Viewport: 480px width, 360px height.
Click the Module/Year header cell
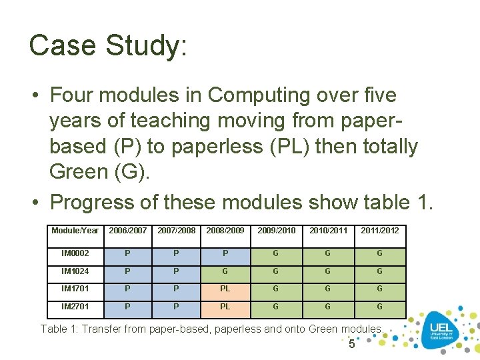coord(75,231)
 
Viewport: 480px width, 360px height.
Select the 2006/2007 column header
coord(127,231)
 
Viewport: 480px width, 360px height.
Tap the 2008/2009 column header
coord(225,231)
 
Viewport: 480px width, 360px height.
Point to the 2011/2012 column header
coord(380,231)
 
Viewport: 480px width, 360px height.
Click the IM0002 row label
coord(75,253)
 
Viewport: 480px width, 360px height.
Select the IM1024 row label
coord(75,271)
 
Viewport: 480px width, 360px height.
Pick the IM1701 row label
coord(75,289)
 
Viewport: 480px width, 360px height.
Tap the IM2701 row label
coord(75,307)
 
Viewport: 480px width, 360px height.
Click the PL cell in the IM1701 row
coord(225,289)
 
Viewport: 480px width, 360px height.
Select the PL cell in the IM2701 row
coord(225,307)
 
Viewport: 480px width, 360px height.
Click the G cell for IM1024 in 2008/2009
coord(225,271)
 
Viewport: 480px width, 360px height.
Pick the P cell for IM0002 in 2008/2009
coord(225,253)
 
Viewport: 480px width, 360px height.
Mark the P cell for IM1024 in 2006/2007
coord(127,271)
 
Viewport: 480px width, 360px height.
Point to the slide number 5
coord(352,344)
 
